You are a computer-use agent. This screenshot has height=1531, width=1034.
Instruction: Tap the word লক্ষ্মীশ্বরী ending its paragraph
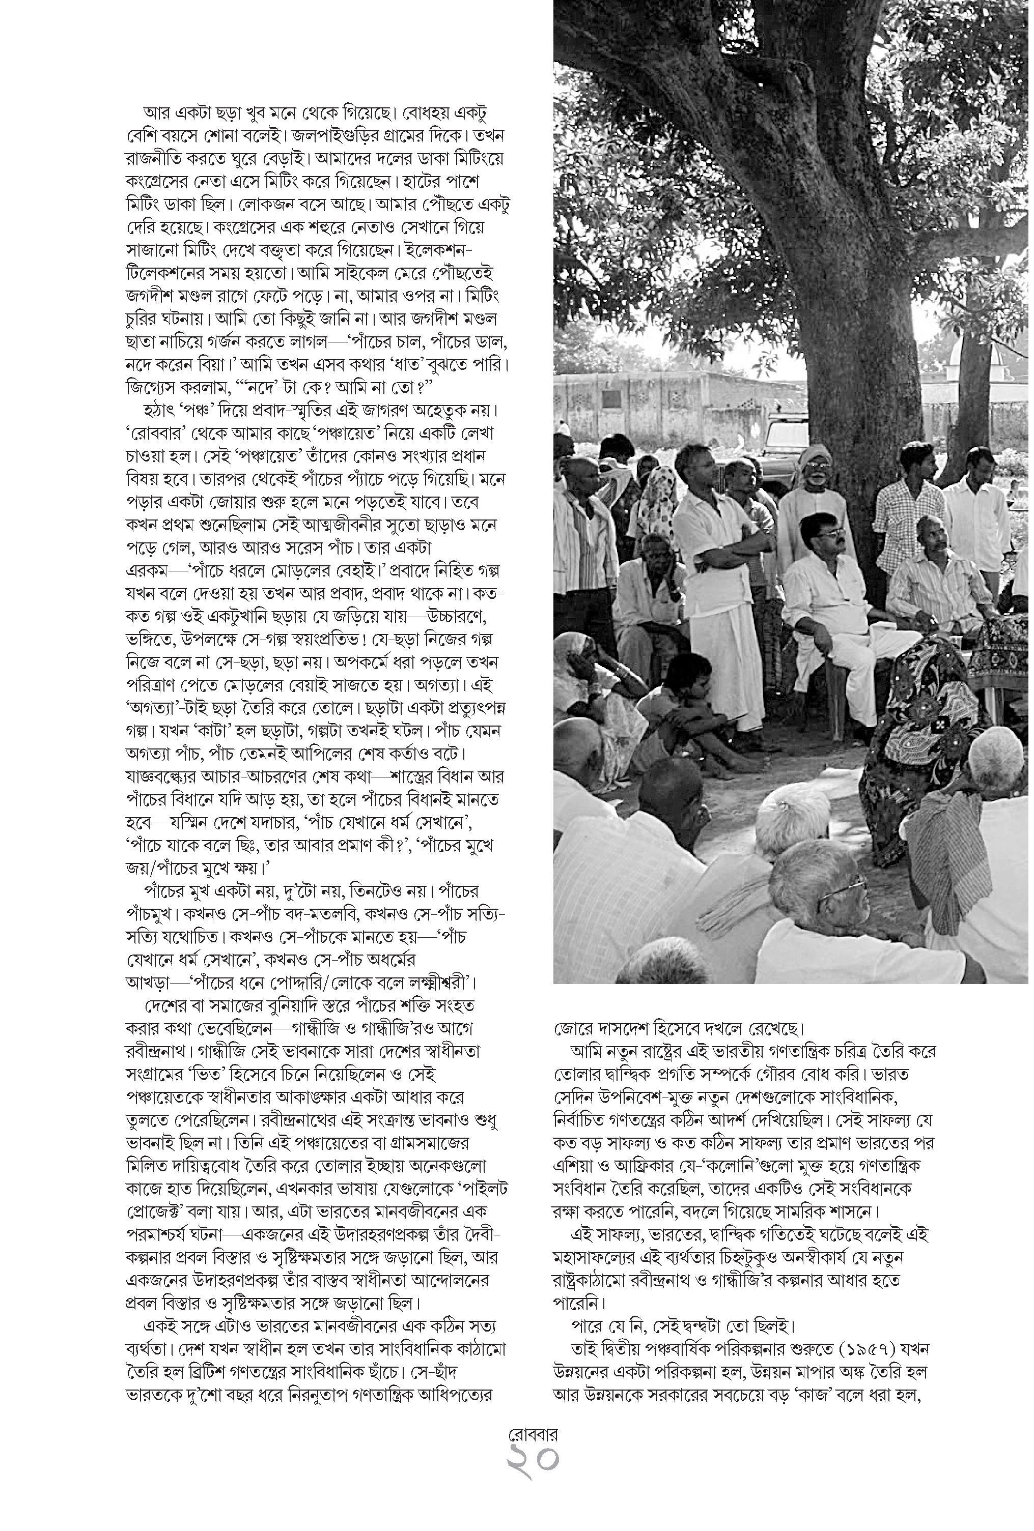click(432, 982)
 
